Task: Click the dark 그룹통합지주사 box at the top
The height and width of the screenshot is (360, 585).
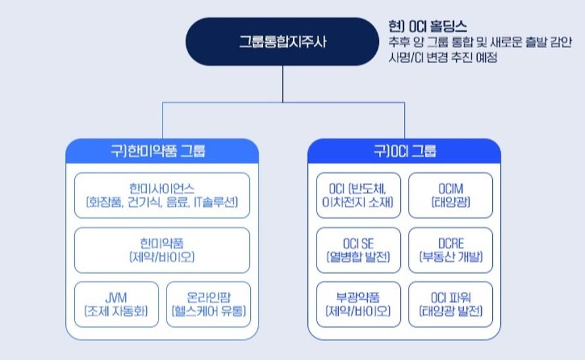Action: (282, 41)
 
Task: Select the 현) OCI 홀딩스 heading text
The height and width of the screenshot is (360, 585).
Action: (428, 26)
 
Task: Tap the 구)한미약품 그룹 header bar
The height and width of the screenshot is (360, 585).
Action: (163, 151)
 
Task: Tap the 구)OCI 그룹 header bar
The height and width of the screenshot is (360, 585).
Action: (405, 151)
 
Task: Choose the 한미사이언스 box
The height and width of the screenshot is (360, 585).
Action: (163, 195)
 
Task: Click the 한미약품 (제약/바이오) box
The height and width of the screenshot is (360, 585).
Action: (163, 250)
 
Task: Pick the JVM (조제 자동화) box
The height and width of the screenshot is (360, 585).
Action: (116, 305)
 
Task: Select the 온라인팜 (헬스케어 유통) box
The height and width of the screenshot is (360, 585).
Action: (209, 305)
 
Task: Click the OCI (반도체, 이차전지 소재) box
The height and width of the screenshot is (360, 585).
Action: (358, 195)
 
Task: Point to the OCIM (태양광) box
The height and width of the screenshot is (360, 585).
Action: (451, 195)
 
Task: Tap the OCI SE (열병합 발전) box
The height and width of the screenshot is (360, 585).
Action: (358, 250)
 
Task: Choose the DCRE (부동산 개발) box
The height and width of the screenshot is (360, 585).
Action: (451, 250)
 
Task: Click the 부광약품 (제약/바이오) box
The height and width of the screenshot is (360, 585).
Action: (358, 305)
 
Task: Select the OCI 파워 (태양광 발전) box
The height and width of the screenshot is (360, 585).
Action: (451, 305)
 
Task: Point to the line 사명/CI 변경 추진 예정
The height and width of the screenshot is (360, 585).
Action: (443, 57)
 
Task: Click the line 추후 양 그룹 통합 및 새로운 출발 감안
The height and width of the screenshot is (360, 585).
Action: (480, 41)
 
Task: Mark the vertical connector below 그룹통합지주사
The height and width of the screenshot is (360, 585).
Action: (282, 84)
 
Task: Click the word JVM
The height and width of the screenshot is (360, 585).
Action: (116, 297)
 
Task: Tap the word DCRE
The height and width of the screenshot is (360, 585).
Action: (451, 244)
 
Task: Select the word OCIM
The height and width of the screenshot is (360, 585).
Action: (451, 189)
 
